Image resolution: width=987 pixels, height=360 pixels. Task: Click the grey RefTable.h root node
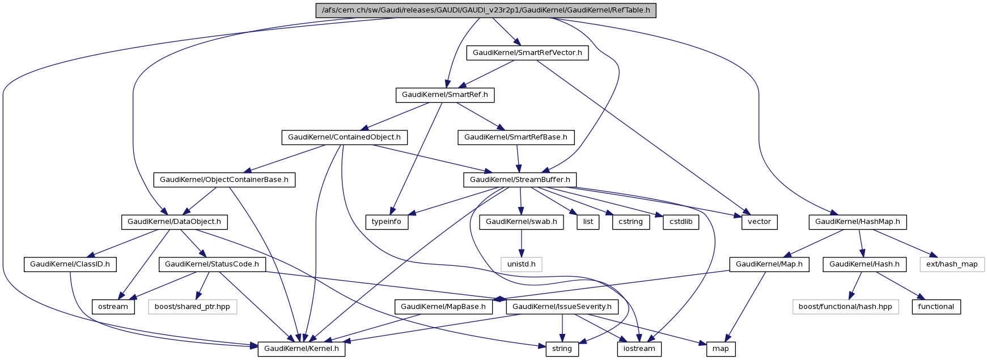485,10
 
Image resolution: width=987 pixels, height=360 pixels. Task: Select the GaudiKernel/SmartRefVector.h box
527,53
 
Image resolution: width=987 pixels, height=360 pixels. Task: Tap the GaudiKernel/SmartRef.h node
444,95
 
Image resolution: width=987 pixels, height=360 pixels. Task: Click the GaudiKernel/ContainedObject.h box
344,137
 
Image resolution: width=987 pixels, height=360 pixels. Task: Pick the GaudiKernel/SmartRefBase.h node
516,137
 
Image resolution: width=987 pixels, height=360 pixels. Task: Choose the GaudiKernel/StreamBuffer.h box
520,180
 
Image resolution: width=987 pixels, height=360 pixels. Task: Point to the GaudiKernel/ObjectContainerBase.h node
224,180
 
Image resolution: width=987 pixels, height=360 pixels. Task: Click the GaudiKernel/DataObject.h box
174,222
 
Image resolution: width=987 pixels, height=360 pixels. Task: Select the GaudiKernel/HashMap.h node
857,222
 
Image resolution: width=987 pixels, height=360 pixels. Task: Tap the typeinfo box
387,222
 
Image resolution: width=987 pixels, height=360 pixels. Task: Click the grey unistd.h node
521,264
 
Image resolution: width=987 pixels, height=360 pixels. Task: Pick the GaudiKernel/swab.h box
521,222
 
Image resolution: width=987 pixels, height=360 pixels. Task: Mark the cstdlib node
680,222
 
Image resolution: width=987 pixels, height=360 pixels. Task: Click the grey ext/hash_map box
952,264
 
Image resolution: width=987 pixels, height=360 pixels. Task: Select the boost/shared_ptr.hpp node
192,307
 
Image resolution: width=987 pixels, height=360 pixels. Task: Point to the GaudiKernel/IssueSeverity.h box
562,307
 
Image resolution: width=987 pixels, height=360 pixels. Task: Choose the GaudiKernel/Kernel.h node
302,349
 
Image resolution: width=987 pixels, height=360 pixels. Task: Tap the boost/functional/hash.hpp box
845,307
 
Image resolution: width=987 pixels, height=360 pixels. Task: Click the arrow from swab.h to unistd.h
521,243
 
